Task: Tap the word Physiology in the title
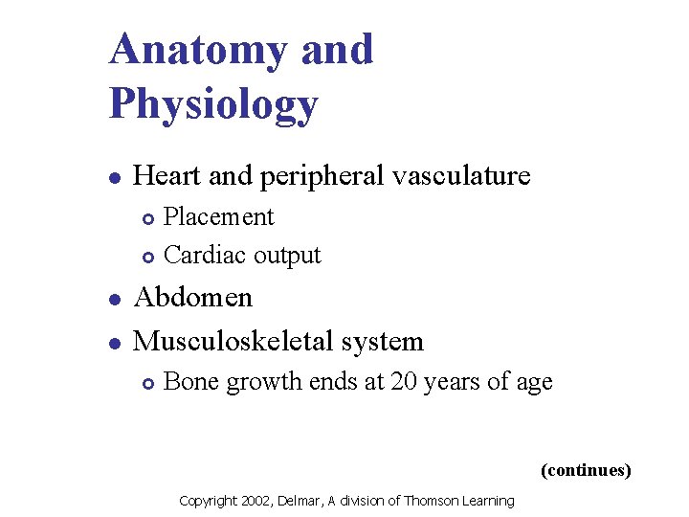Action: click(212, 103)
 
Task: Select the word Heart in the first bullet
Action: click(167, 175)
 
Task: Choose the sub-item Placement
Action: click(218, 217)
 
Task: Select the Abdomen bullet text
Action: click(193, 298)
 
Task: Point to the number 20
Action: click(403, 382)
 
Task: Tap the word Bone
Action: click(190, 382)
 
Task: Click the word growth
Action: click(257, 383)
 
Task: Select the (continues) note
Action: click(586, 470)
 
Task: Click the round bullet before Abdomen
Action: click(114, 299)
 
